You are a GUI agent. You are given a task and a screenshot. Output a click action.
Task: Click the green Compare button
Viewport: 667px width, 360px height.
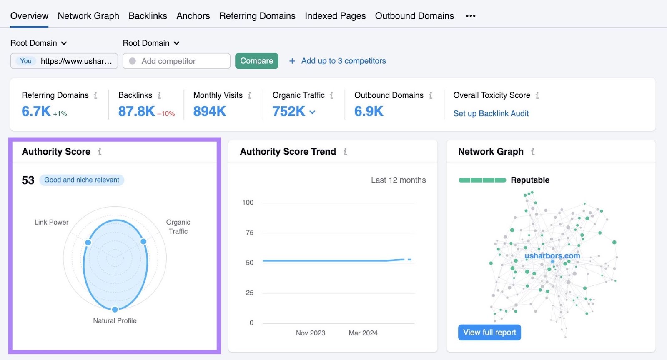click(x=256, y=61)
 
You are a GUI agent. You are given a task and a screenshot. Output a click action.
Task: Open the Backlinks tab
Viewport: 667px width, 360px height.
click(x=148, y=16)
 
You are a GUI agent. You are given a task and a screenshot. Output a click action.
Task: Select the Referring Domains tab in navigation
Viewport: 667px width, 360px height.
click(x=257, y=16)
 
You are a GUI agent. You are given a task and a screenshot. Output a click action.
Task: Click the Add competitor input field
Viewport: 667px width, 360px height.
click(x=177, y=61)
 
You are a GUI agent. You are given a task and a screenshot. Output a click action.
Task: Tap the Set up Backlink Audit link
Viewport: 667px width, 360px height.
click(x=491, y=113)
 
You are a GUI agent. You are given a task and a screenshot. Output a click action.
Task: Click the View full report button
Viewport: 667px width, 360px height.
click(x=489, y=332)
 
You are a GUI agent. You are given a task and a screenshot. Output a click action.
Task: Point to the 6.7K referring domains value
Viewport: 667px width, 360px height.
click(x=36, y=111)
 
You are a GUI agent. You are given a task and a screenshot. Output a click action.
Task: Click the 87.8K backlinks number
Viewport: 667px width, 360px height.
click(x=136, y=111)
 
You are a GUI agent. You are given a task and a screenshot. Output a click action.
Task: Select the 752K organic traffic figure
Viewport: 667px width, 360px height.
click(x=288, y=111)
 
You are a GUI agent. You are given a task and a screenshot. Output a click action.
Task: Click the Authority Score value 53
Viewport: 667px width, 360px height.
click(x=28, y=180)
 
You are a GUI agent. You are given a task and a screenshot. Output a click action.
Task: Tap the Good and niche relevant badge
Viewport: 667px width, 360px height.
click(x=82, y=180)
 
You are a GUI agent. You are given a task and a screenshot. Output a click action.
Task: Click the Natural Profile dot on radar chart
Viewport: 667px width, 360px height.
click(x=115, y=309)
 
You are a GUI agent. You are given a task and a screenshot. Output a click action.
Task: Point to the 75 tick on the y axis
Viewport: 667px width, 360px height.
click(x=249, y=232)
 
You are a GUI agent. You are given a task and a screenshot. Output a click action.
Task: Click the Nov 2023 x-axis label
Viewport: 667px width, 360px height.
click(x=310, y=333)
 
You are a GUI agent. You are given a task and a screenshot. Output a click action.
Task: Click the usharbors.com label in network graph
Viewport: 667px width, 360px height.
click(x=552, y=255)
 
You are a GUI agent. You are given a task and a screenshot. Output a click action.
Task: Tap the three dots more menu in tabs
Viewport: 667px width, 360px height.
click(x=471, y=16)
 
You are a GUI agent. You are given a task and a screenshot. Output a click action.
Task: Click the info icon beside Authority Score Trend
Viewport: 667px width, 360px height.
click(x=345, y=152)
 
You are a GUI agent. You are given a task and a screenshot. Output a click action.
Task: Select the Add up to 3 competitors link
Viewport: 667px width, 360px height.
click(x=343, y=61)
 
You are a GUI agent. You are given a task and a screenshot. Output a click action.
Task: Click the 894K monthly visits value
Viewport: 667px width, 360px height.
click(x=210, y=111)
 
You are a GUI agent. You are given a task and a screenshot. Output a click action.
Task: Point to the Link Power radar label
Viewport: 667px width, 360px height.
click(x=51, y=222)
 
